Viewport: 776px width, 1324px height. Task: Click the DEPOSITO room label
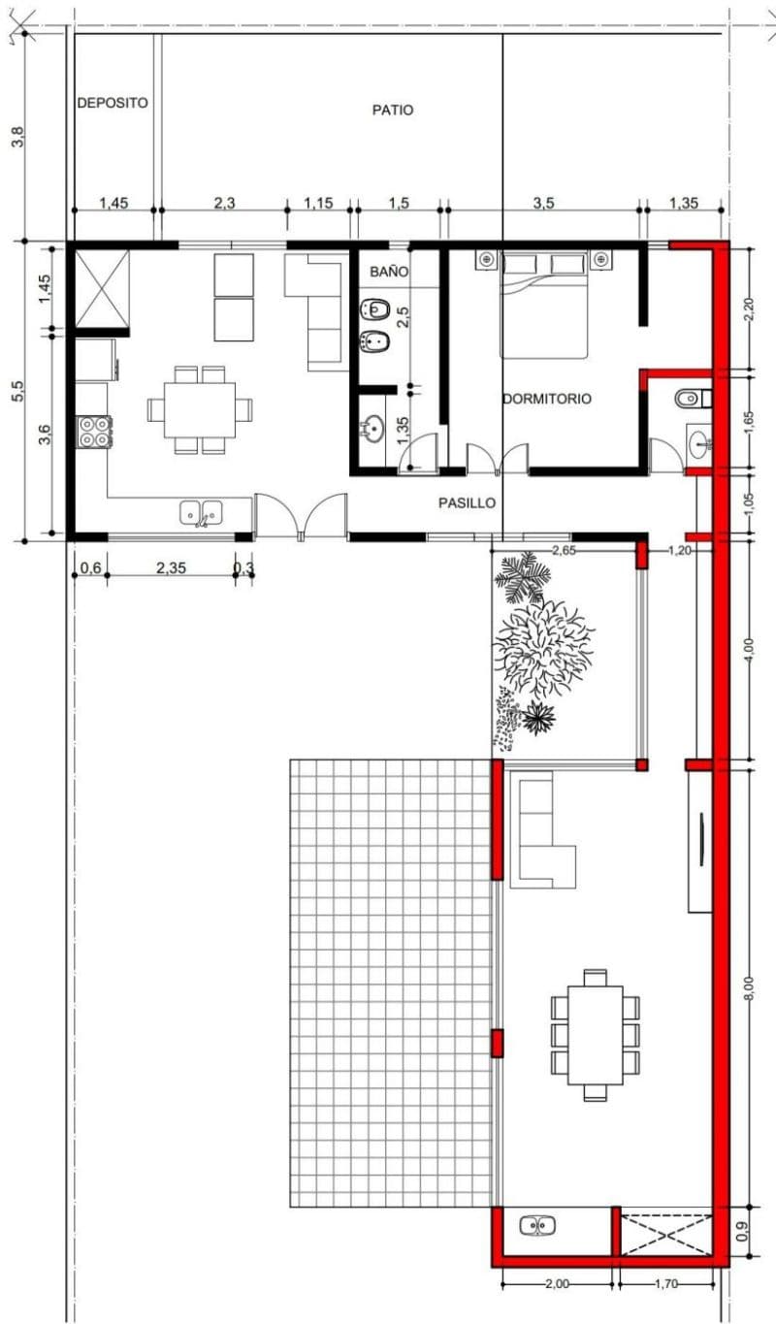(x=113, y=103)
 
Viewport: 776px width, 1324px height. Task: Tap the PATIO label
(x=393, y=110)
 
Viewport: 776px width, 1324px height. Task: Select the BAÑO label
(x=389, y=272)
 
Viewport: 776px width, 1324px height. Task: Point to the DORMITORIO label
(x=547, y=399)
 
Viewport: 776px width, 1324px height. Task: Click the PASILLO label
(x=467, y=503)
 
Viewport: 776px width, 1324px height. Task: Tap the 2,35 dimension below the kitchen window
(x=172, y=568)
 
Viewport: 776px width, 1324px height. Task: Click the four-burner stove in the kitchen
(x=94, y=432)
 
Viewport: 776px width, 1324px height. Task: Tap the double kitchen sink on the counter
(x=201, y=512)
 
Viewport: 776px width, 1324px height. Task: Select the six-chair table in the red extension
(x=596, y=1036)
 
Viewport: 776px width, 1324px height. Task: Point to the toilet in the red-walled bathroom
(x=693, y=399)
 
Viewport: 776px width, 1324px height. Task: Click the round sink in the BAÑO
(x=372, y=428)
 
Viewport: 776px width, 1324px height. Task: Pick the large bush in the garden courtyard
(x=544, y=647)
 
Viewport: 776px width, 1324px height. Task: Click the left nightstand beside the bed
(x=487, y=260)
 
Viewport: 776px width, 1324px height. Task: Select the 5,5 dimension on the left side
(x=18, y=391)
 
